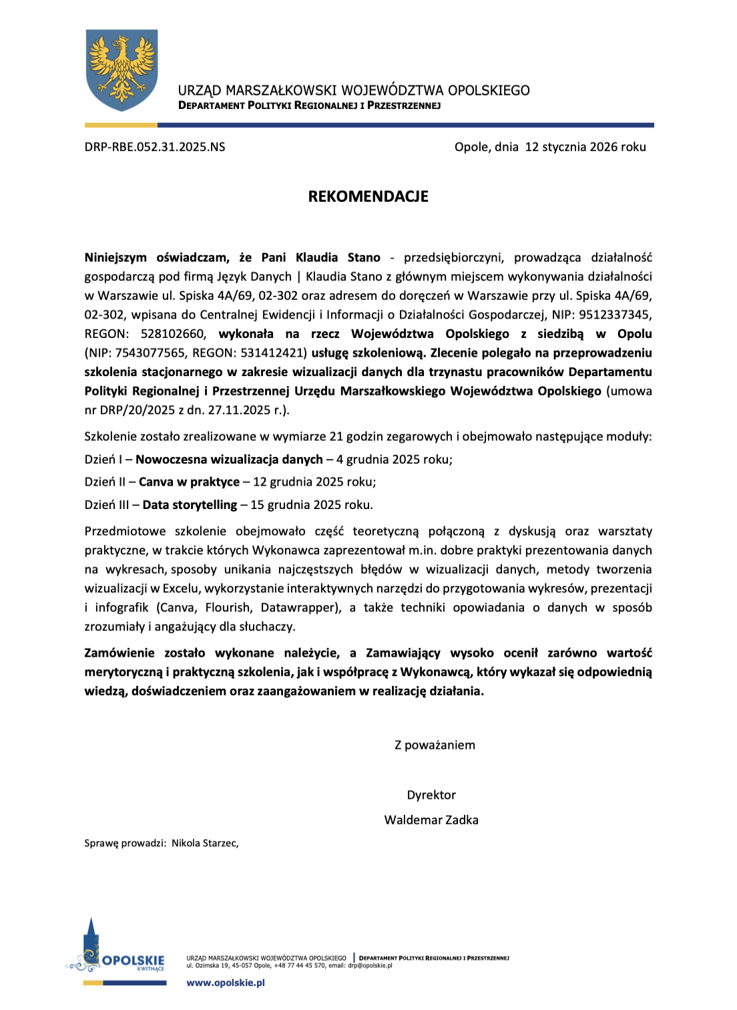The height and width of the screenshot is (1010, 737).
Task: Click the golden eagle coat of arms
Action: tap(122, 69)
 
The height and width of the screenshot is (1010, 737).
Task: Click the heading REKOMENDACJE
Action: tap(368, 196)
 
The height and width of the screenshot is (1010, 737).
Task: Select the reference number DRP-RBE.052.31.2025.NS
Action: tap(155, 147)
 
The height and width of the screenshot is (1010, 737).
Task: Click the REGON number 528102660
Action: tap(172, 334)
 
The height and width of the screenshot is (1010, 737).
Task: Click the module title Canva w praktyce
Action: tap(189, 482)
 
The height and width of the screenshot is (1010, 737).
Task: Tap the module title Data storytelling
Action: tap(190, 505)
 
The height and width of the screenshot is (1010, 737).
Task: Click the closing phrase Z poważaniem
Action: tap(435, 745)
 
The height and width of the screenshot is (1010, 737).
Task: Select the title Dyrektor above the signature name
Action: tap(431, 795)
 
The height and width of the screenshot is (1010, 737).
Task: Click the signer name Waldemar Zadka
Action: tap(431, 820)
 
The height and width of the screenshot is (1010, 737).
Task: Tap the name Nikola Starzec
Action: tap(204, 843)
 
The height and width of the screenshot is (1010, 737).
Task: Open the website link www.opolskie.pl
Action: tap(226, 983)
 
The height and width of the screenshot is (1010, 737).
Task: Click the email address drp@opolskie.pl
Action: tap(370, 965)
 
